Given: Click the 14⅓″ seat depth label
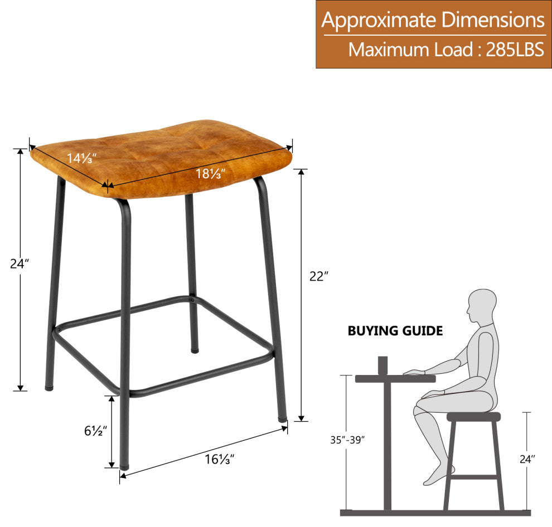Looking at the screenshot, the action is click(x=81, y=158).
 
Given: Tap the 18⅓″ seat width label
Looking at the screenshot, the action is click(x=210, y=173).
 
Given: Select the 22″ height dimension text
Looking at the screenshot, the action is click(x=318, y=276).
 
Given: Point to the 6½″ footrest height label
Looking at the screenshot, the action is click(x=95, y=431).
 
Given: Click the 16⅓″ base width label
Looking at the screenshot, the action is click(x=220, y=459).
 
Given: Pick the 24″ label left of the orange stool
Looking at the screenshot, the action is click(x=20, y=263).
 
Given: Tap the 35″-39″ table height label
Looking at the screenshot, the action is click(x=347, y=440).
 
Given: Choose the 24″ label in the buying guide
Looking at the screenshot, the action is click(x=527, y=459).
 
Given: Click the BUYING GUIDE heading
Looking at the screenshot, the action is click(x=395, y=331).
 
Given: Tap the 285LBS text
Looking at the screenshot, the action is click(x=515, y=50).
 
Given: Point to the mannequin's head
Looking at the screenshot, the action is click(x=482, y=305).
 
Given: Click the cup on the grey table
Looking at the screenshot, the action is click(x=382, y=366).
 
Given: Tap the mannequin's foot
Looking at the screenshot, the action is click(x=438, y=475).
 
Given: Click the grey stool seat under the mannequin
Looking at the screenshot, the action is click(x=473, y=417).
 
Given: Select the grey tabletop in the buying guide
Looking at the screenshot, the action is click(x=395, y=379).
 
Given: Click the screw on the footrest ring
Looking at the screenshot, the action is click(x=191, y=300).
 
